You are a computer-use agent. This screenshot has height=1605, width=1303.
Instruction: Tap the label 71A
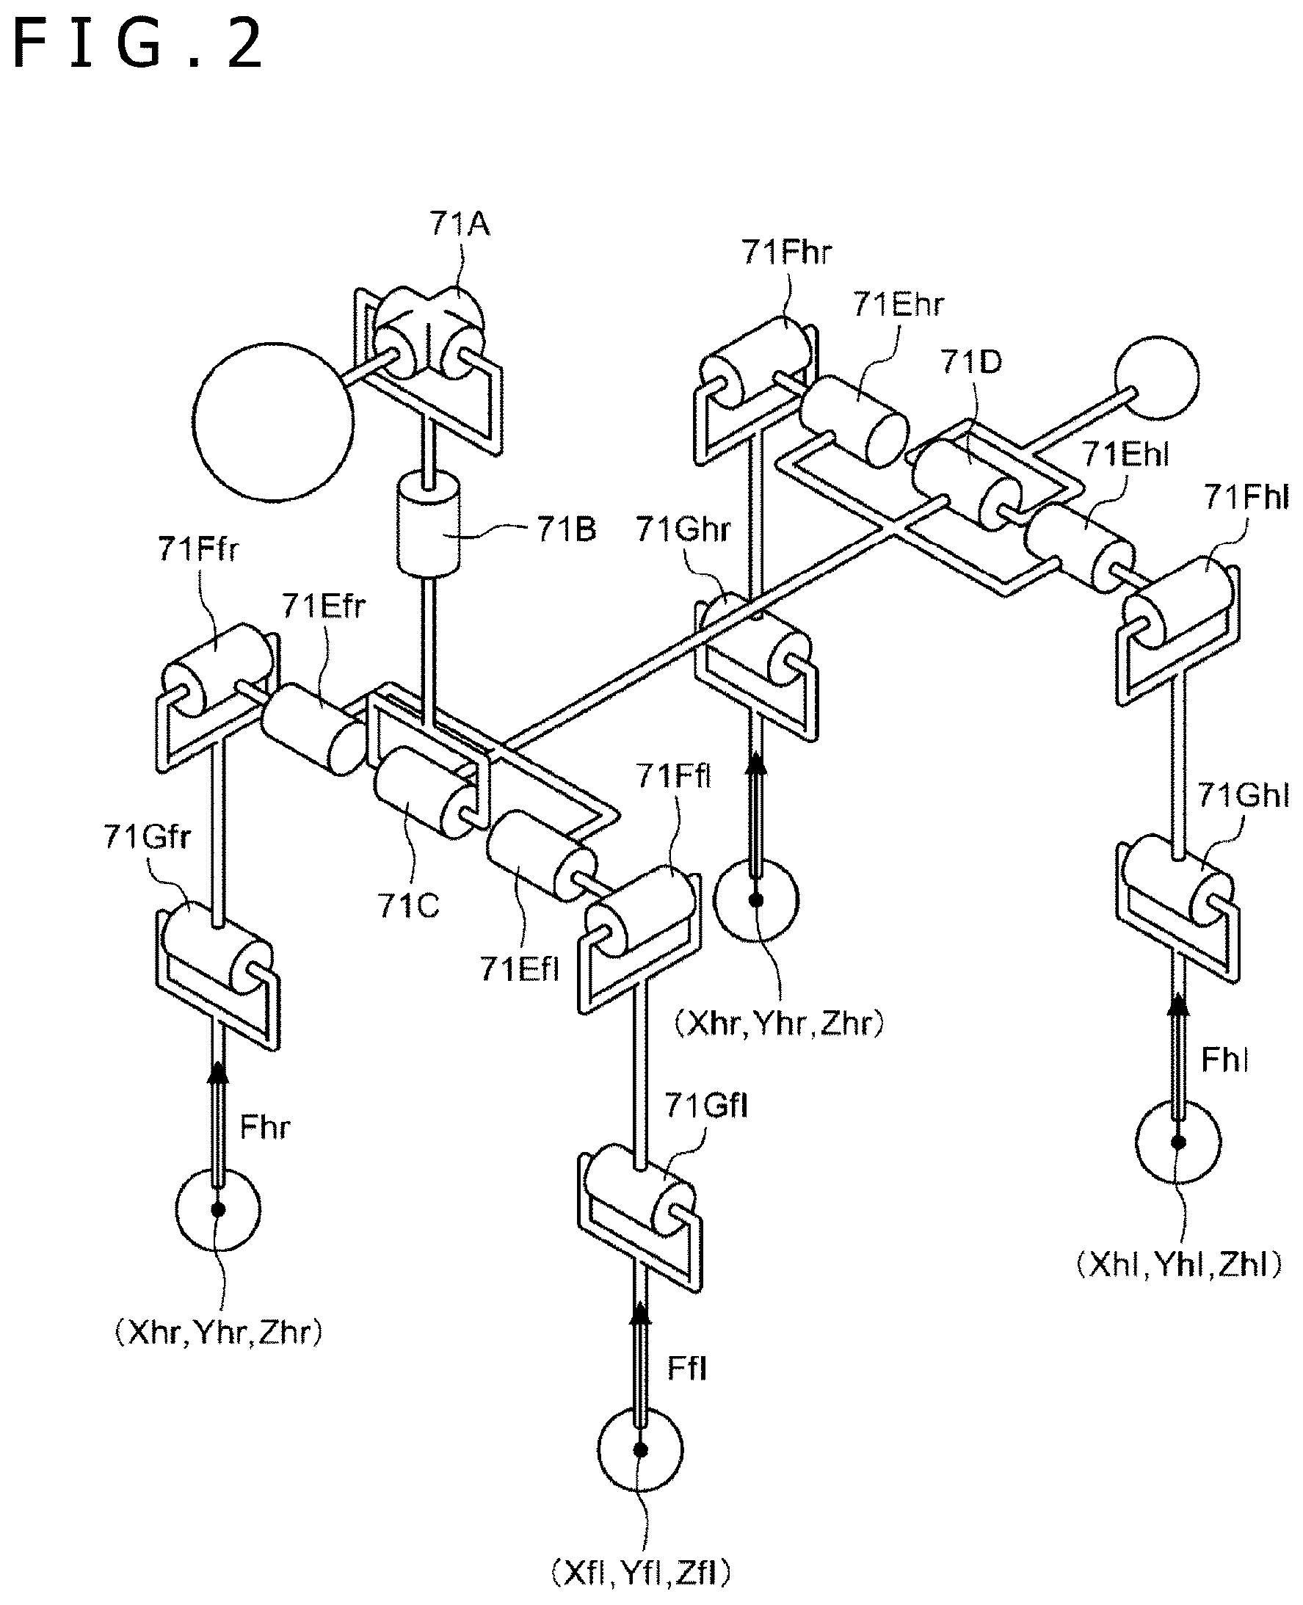click(x=460, y=225)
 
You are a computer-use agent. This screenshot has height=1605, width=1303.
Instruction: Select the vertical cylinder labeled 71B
click(x=428, y=525)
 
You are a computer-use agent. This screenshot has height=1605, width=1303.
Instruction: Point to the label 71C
click(x=409, y=906)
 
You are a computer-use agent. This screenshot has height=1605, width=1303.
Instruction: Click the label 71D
click(x=971, y=363)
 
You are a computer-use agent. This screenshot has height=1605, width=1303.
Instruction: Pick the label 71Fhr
click(x=788, y=253)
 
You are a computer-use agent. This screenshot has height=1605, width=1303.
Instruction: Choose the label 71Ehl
click(x=1125, y=454)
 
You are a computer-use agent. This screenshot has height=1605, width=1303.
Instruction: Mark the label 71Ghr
click(x=683, y=530)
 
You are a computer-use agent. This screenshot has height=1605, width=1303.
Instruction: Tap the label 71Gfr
click(x=147, y=837)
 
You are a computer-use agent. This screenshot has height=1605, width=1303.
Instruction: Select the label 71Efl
click(x=520, y=969)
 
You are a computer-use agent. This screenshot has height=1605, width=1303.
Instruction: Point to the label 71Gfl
click(x=706, y=1106)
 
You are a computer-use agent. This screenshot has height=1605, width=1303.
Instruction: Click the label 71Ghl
click(x=1243, y=795)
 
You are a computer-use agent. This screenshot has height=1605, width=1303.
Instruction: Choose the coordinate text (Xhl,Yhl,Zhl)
click(x=1179, y=1265)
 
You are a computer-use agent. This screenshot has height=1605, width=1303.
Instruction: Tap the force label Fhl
click(x=1225, y=1060)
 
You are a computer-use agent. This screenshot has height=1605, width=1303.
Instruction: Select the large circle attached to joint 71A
click(x=272, y=422)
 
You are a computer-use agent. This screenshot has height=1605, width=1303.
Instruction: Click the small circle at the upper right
click(x=1157, y=378)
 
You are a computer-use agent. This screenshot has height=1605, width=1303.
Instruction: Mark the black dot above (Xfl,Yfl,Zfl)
click(x=640, y=1449)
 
